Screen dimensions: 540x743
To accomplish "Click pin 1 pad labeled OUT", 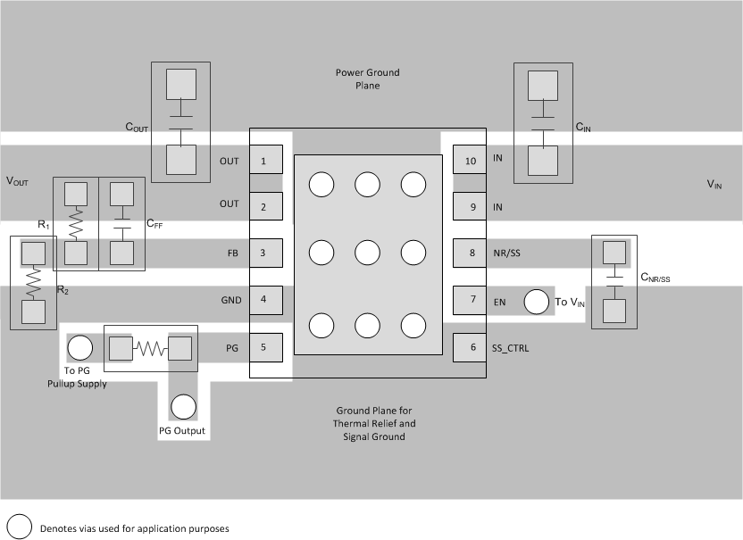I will tap(263, 162).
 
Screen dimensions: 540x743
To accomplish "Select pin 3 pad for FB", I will tap(263, 253).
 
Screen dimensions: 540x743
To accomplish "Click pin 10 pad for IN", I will tap(469, 162).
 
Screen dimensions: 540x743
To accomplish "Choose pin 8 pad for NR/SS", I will tap(469, 253).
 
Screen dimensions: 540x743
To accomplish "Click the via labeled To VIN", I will tap(536, 302).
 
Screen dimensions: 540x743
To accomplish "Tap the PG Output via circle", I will tap(183, 407).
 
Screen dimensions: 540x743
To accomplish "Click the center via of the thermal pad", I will tap(368, 253).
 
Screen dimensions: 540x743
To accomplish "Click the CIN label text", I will tap(583, 129).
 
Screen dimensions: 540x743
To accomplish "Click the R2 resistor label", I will tap(63, 290).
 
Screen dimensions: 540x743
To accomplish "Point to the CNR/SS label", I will tap(655, 278).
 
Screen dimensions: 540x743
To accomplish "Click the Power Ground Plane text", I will tap(367, 79).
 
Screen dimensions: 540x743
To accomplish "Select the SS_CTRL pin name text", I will tap(511, 348).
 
